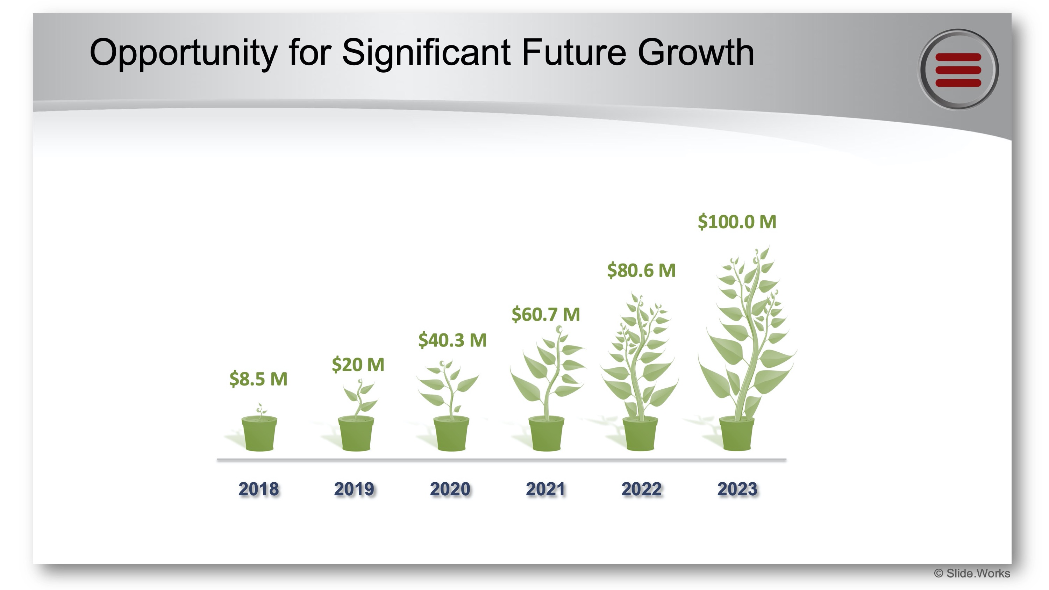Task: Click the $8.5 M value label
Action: pyautogui.click(x=258, y=379)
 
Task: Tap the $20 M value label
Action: pyautogui.click(x=358, y=365)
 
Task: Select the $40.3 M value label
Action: pyautogui.click(x=452, y=340)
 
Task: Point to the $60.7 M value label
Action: pyautogui.click(x=546, y=314)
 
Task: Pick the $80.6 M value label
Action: pyautogui.click(x=641, y=271)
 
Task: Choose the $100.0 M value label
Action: pyautogui.click(x=737, y=222)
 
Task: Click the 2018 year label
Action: pyautogui.click(x=259, y=489)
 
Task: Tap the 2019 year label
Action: pyautogui.click(x=354, y=489)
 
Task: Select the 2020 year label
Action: pyautogui.click(x=450, y=489)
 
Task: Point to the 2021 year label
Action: pyautogui.click(x=546, y=489)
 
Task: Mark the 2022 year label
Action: pyautogui.click(x=641, y=489)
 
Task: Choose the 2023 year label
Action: pyautogui.click(x=737, y=489)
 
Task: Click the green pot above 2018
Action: pyautogui.click(x=259, y=434)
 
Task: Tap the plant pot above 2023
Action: pyautogui.click(x=736, y=434)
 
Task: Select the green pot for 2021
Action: pyautogui.click(x=546, y=434)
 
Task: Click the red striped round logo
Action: pyautogui.click(x=958, y=70)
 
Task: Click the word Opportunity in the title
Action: pyautogui.click(x=183, y=53)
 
